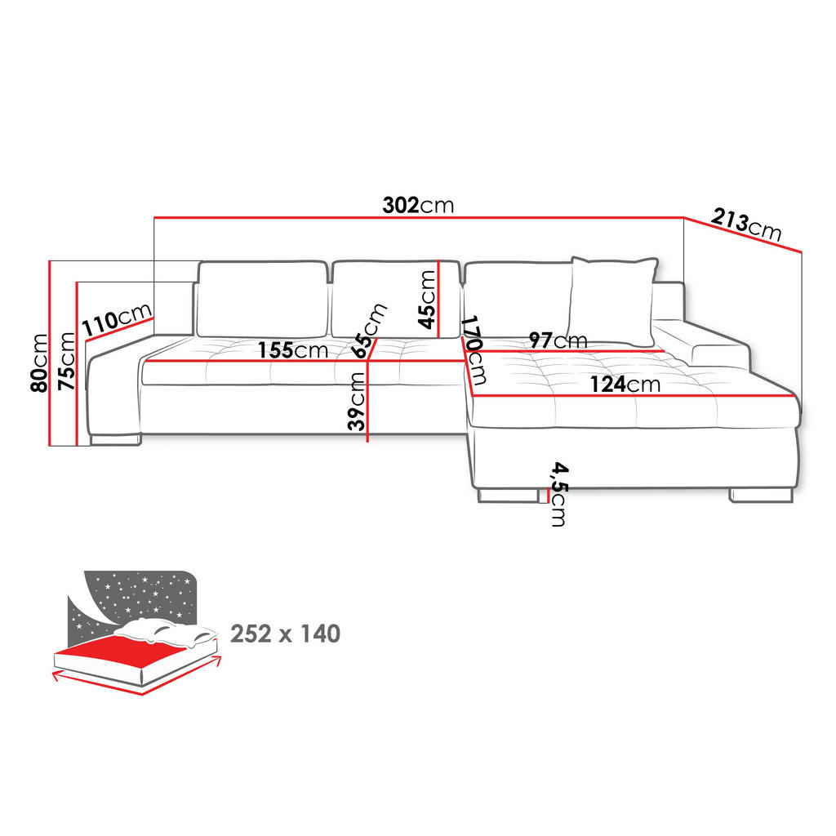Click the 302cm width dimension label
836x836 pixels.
coord(418,205)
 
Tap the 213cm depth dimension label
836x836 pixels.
coord(746,225)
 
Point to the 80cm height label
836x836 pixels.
coord(39,363)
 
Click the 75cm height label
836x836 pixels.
coord(67,360)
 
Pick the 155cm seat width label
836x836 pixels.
coord(293,350)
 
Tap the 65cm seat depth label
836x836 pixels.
coord(368,331)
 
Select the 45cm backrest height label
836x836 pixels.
coord(427,299)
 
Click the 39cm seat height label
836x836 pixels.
coord(356,401)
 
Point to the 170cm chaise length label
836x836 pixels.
coord(474,350)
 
